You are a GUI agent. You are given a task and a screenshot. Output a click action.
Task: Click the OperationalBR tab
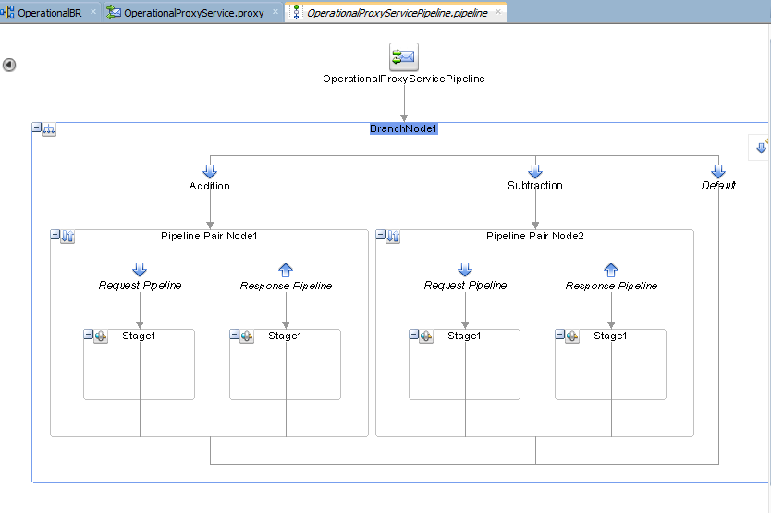49,13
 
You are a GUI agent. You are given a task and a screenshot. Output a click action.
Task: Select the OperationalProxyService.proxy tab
192,13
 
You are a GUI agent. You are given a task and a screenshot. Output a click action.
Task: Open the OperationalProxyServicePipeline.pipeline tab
397,13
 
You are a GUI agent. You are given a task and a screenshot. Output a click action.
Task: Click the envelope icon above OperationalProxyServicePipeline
403,57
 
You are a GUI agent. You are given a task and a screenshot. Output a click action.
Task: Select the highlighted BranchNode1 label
403,128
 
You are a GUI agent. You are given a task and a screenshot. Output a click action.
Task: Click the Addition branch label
210,186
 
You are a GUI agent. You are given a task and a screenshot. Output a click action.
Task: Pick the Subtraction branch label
534,186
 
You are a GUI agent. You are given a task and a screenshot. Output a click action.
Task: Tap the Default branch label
718,186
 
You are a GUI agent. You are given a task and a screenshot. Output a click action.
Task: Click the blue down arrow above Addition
210,171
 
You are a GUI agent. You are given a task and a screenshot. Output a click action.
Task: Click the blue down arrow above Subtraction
534,171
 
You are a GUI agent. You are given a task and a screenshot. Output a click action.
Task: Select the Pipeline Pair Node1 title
209,237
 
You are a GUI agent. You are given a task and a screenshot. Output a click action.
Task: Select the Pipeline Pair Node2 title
534,237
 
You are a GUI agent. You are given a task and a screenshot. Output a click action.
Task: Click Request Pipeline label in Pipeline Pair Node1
140,286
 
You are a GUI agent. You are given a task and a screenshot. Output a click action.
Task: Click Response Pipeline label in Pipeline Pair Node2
611,287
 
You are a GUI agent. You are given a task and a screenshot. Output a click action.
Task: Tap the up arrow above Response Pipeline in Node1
286,269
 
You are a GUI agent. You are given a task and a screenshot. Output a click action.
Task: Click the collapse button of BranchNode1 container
37,128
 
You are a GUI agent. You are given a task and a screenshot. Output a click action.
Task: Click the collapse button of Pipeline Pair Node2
380,236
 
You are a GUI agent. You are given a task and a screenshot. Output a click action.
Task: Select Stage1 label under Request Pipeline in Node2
464,336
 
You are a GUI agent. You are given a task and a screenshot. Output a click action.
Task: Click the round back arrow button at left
9,65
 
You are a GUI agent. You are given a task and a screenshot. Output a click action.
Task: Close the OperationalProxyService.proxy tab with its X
275,12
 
